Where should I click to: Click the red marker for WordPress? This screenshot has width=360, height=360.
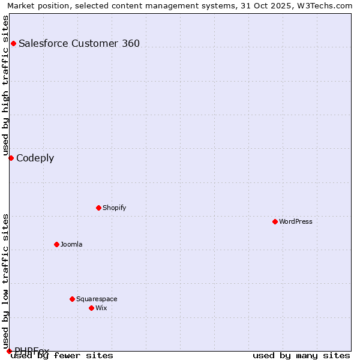[x=275, y=221]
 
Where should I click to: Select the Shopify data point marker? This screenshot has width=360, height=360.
[x=98, y=208]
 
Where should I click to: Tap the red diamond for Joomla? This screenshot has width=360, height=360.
[x=56, y=244]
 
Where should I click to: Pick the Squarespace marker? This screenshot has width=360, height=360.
[x=72, y=299]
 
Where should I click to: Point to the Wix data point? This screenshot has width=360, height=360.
[x=91, y=308]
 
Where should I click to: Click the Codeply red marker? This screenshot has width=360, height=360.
[x=11, y=158]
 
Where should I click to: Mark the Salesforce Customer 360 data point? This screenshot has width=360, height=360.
[x=13, y=43]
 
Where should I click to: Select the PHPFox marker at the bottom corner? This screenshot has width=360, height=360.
[x=9, y=351]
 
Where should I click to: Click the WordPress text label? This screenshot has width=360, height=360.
[x=296, y=221]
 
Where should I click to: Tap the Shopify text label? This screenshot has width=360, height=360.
[x=114, y=208]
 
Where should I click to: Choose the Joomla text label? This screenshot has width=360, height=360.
[x=71, y=244]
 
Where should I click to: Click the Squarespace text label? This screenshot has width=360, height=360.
[x=97, y=299]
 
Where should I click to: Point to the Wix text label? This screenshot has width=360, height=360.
[x=101, y=308]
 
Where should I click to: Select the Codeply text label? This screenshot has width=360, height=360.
[x=35, y=158]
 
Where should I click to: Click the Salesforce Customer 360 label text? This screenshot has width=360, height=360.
[x=79, y=43]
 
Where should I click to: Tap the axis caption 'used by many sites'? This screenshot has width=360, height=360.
[x=301, y=355]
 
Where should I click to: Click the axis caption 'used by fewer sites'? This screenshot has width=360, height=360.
[x=62, y=355]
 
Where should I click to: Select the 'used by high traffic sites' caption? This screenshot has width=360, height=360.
[x=6, y=85]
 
